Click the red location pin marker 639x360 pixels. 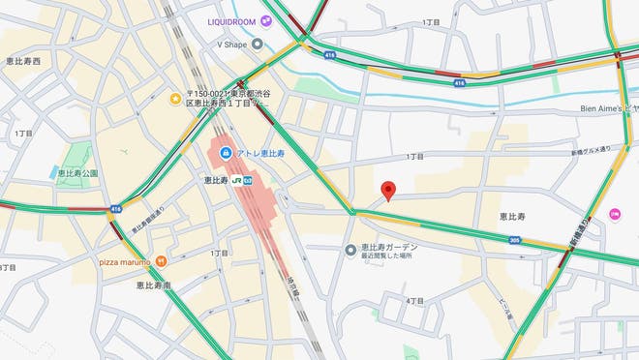point(388,191)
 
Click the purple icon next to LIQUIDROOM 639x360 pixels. point(278,21)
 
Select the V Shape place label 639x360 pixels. point(232,44)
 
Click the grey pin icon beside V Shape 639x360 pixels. point(258,44)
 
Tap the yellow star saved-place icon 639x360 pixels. point(175,98)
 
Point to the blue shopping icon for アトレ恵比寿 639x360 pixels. point(225,153)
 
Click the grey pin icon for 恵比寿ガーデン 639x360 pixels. point(350,251)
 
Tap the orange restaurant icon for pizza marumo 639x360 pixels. point(161,260)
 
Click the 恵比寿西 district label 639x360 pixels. point(22,61)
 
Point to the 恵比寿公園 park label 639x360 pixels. point(77,172)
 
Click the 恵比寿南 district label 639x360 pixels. point(153,285)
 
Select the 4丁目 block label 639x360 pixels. point(415,301)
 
